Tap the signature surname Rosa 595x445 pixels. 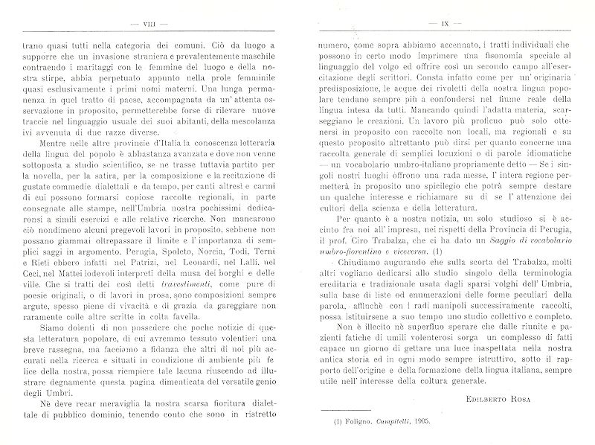pos(540,380)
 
